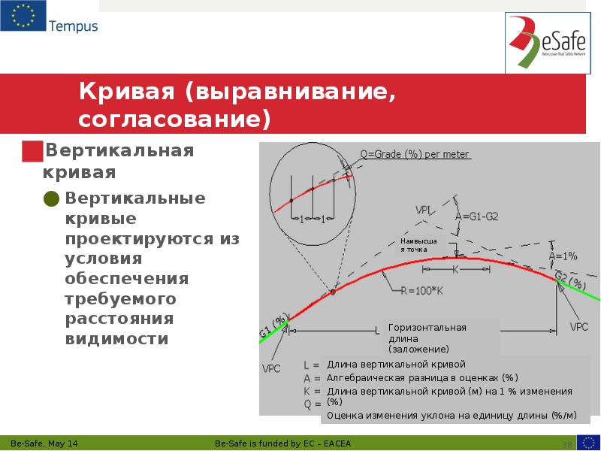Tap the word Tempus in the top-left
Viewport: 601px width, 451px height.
tap(73, 26)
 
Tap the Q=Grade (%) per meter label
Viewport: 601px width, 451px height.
tap(415, 155)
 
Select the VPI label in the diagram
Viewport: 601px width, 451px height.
tap(422, 210)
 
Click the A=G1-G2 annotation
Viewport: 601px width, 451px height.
tap(477, 217)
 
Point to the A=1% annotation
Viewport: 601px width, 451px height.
tap(563, 256)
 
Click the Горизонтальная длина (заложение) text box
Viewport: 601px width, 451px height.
tap(442, 337)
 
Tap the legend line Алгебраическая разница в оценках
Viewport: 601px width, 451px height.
tap(422, 377)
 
